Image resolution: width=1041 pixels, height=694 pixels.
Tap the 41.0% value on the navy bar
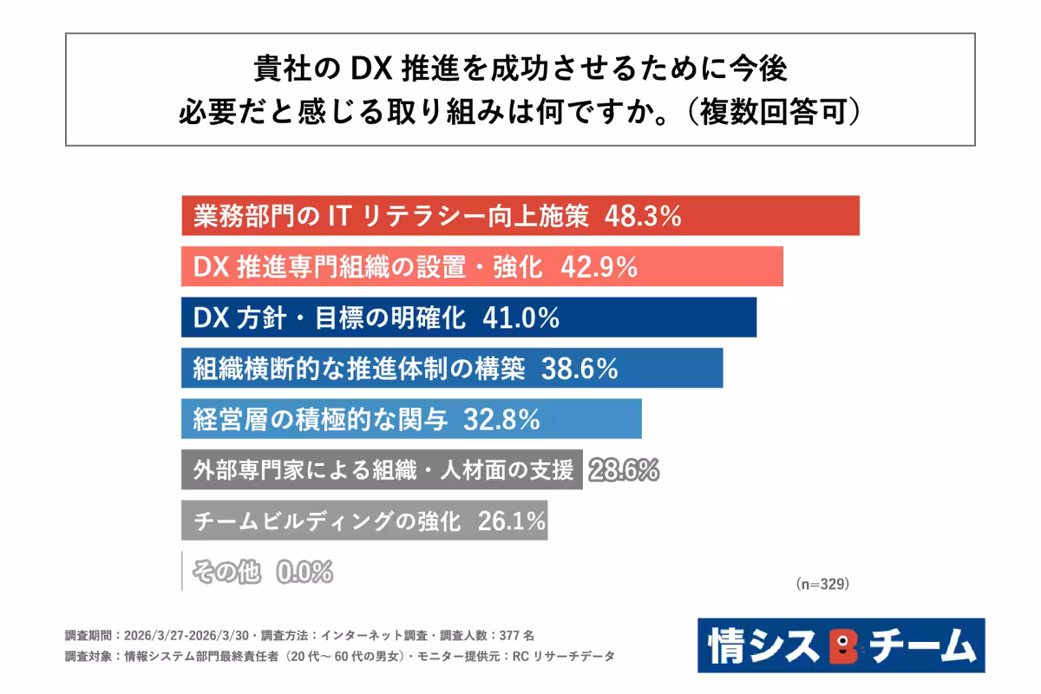tap(520, 318)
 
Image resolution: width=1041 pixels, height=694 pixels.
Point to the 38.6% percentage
tap(579, 369)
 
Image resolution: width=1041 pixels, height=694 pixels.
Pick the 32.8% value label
tap(502, 420)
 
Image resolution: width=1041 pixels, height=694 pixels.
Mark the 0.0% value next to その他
tap(304, 572)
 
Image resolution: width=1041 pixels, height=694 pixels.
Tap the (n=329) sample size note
tap(822, 585)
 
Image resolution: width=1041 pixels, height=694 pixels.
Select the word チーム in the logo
tap(919, 646)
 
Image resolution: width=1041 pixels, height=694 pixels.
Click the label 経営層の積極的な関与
tap(320, 420)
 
